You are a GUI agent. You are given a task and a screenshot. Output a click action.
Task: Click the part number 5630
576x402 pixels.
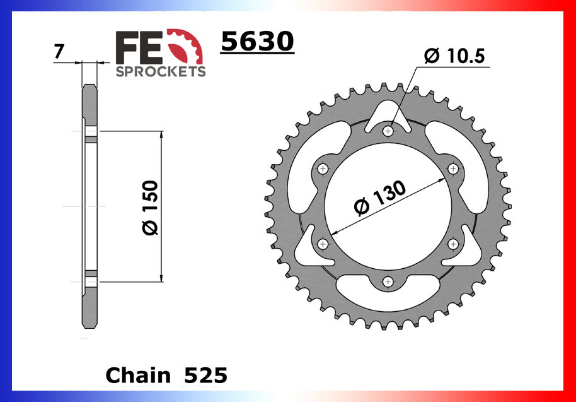[257, 42]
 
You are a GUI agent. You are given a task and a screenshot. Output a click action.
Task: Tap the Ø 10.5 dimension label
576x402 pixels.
[454, 57]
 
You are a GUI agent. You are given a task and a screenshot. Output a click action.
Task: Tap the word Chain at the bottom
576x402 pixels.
[138, 375]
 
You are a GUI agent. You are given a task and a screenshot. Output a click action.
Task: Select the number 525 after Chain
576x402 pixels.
[206, 375]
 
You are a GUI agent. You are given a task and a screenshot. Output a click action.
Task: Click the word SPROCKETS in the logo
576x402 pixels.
[161, 71]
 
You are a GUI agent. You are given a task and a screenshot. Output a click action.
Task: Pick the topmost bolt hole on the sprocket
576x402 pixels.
[388, 131]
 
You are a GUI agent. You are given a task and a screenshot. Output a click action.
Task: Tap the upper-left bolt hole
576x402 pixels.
[323, 168]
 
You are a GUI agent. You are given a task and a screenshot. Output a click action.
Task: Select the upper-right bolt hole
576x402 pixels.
[453, 168]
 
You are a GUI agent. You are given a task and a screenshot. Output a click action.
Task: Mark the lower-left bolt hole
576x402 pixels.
[323, 244]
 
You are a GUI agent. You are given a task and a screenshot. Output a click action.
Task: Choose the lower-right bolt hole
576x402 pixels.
[453, 244]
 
